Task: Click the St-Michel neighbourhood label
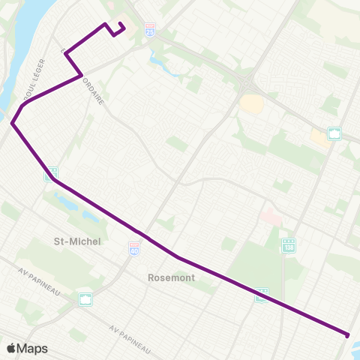tap(77, 241)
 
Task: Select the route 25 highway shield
tap(151, 31)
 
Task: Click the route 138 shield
tap(289, 245)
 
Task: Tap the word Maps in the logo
tap(32, 348)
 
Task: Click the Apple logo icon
tap(11, 348)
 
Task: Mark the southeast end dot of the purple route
tap(347, 334)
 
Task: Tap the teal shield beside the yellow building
tap(334, 133)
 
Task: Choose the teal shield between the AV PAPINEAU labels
tap(86, 299)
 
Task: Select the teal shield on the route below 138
tap(261, 295)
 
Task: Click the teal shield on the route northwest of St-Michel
tap(51, 174)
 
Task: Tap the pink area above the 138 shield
tap(270, 217)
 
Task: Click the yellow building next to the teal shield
tap(319, 138)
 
